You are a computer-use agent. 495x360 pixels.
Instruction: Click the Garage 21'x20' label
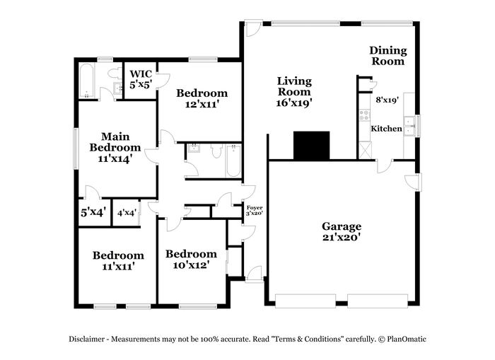coord(342,231)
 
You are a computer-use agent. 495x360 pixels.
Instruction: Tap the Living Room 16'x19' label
coord(294,91)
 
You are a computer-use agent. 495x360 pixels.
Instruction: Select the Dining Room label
coord(388,56)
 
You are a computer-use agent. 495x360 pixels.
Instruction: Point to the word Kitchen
coord(386,129)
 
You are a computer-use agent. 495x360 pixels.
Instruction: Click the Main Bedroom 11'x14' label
coord(115,148)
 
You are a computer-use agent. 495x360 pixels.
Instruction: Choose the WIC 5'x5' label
coord(141,79)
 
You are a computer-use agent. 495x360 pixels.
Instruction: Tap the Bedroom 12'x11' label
coord(202,98)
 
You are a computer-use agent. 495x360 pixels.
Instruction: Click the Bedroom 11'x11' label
coord(118,260)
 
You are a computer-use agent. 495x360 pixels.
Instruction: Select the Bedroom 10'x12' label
coord(191,260)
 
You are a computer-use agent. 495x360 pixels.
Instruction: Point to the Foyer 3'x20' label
coord(255,210)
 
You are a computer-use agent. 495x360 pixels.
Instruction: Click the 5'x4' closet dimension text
coord(93,212)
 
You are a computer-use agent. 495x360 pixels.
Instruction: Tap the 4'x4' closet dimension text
coord(127,213)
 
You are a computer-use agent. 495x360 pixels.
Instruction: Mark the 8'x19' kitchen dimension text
coord(387,100)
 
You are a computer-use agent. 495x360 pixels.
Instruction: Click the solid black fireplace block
coord(312,146)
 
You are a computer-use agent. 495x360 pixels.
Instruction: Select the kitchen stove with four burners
coord(365,115)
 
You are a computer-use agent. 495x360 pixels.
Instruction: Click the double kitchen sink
coord(409,126)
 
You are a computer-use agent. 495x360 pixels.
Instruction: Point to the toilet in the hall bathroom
coord(216,151)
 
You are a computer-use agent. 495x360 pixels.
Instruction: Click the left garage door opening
coord(305,301)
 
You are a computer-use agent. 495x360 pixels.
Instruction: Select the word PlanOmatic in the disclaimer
coord(407,339)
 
